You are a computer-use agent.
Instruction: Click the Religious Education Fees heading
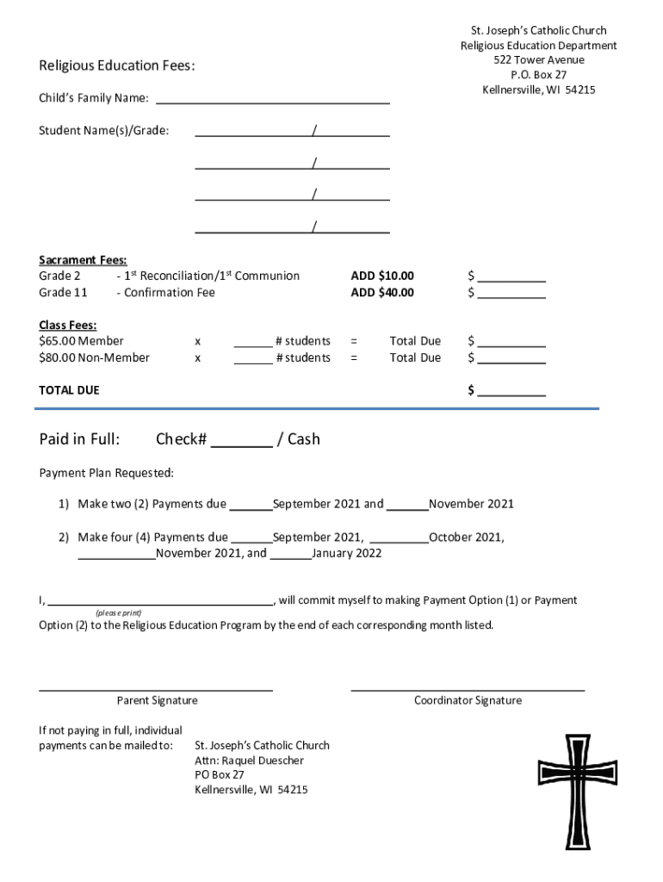[116, 66]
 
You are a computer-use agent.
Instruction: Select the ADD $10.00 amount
[381, 276]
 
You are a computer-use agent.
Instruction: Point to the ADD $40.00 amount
[381, 293]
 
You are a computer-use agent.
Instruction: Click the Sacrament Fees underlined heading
[83, 260]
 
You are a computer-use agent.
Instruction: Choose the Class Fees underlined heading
[67, 326]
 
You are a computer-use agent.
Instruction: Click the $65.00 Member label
[81, 342]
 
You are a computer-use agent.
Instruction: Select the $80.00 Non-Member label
[94, 357]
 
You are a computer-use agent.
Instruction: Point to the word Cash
[303, 439]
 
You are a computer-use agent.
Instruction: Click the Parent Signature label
[157, 701]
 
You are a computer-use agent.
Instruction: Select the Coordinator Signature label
[468, 701]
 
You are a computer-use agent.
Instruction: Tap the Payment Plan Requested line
[106, 473]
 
